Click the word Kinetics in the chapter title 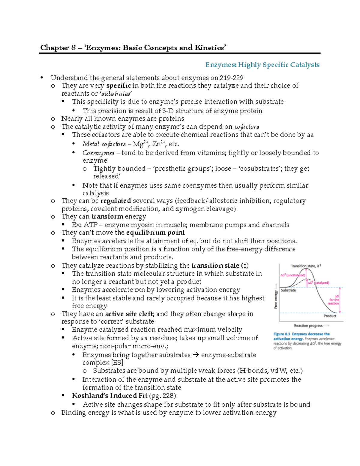pos(209,48)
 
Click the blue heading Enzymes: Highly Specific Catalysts pos(262,65)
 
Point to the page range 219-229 pos(231,78)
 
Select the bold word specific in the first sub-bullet pos(118,86)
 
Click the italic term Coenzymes pos(98,153)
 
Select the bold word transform pos(107,217)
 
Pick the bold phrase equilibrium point pos(155,233)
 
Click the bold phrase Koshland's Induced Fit pos(109,396)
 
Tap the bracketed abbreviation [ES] pos(117,363)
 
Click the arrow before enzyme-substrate pos(196,355)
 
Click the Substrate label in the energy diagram pos(288,290)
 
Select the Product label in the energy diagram pos(330,316)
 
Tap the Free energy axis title pos(276,299)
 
